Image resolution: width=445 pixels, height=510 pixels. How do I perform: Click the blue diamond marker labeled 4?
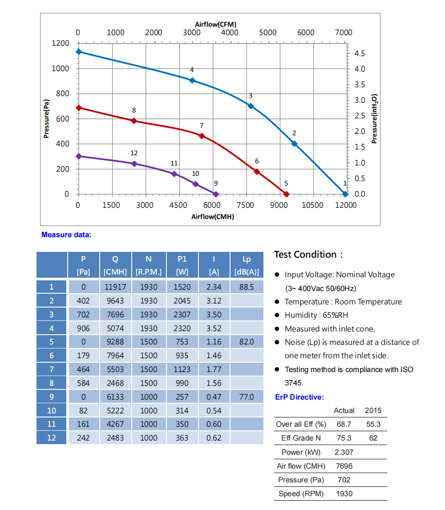pyautogui.click(x=192, y=81)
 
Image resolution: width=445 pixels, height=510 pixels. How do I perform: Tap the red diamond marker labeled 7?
pyautogui.click(x=202, y=136)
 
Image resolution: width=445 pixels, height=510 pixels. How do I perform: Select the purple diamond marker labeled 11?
pyautogui.click(x=174, y=174)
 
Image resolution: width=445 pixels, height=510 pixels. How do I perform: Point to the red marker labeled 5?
pyautogui.click(x=287, y=194)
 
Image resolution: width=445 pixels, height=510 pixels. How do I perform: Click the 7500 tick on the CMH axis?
pyautogui.click(x=245, y=205)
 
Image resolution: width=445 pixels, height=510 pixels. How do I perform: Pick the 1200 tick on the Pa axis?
pyautogui.click(x=61, y=43)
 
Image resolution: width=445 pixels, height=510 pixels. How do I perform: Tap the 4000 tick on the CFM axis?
pyautogui.click(x=230, y=32)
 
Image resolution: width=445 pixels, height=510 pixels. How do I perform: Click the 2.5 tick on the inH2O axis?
pyautogui.click(x=360, y=116)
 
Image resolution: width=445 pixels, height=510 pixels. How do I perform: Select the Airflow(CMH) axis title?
pyautogui.click(x=213, y=217)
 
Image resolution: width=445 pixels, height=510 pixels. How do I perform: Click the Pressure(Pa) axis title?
pyautogui.click(x=47, y=119)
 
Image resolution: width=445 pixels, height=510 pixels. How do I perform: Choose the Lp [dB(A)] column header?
pyautogui.click(x=247, y=265)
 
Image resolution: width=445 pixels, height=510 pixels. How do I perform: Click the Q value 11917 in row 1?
pyautogui.click(x=115, y=287)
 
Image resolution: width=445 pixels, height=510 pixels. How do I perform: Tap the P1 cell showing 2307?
pyautogui.click(x=182, y=315)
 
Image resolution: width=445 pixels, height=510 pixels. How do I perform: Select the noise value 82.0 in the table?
pyautogui.click(x=247, y=342)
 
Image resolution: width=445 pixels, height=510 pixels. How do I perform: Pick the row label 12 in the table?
pyautogui.click(x=52, y=438)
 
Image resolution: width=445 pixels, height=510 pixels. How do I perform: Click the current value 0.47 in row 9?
pyautogui.click(x=214, y=397)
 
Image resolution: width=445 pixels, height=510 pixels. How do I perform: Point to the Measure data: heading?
pyautogui.click(x=66, y=235)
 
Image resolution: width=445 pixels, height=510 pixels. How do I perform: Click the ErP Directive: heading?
pyautogui.click(x=299, y=397)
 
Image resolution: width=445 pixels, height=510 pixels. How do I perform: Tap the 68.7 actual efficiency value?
pyautogui.click(x=344, y=425)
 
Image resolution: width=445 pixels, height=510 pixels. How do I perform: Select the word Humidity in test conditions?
pyautogui.click(x=300, y=315)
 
